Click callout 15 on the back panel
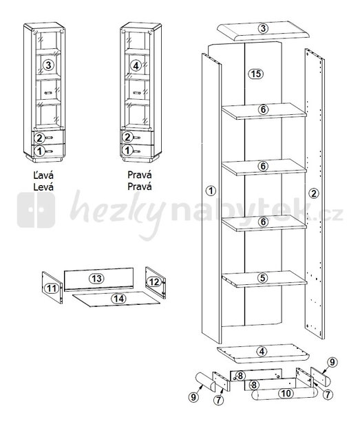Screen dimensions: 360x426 pos(256,74)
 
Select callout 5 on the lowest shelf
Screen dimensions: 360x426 pos(262,278)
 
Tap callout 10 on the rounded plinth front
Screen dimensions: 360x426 pos(286,393)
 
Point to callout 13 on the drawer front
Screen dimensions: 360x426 pos(97,278)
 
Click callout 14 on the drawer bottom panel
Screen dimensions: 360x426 pos(118,299)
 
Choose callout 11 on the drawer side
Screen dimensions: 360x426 pos(52,288)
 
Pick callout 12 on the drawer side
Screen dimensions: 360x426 pos(154,282)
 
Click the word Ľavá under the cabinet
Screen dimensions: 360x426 pos(43,175)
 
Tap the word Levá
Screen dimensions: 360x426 pos(43,187)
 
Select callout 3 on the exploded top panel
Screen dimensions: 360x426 pos(263,28)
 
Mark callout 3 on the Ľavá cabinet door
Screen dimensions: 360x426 pos(48,65)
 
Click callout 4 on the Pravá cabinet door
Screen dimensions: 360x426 pos(136,65)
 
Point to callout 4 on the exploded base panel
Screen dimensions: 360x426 pos(262,352)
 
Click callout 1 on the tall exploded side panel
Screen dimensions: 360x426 pos(211,191)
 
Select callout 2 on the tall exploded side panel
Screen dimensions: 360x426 pos(314,193)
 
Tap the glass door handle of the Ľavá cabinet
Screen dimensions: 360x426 pos(47,93)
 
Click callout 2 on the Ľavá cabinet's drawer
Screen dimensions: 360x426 pos(39,138)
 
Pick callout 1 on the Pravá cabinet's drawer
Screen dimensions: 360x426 pos(127,150)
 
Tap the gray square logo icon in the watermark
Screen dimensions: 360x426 pos(36,210)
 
